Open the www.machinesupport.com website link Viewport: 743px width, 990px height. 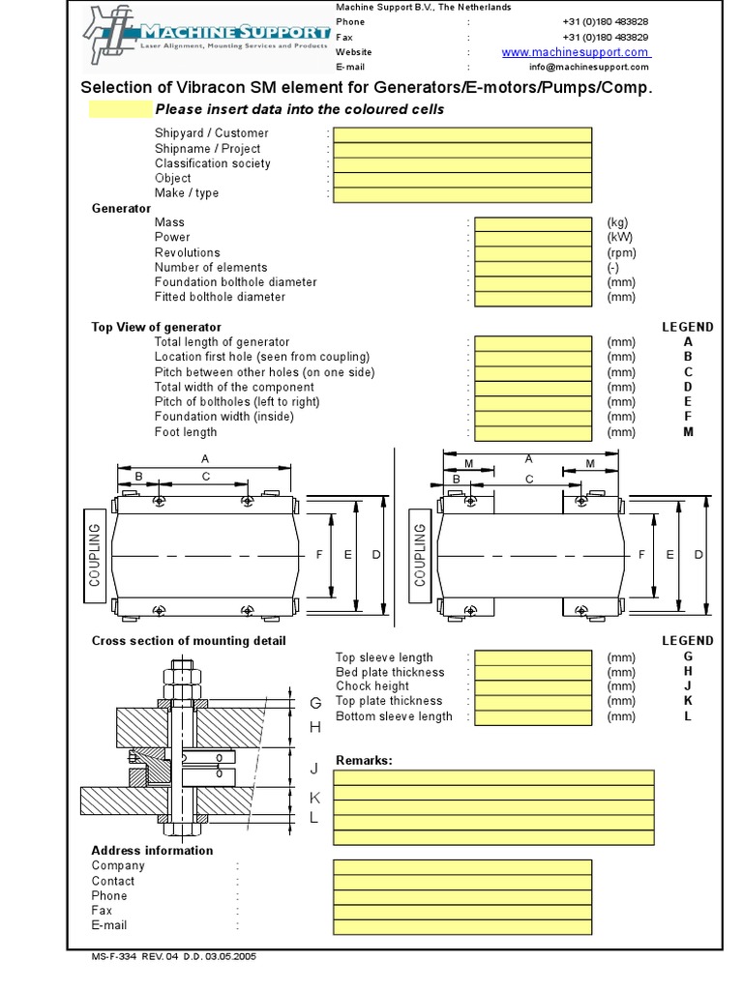point(576,52)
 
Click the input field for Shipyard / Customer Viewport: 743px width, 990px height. point(462,134)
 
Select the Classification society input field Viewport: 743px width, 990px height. point(462,164)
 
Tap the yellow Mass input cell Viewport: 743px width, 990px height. point(533,223)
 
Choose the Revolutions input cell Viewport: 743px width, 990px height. point(533,253)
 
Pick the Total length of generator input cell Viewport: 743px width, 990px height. point(533,343)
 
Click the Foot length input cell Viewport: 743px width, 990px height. point(533,432)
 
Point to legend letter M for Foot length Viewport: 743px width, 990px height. point(688,432)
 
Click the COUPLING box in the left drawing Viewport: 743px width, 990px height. point(95,554)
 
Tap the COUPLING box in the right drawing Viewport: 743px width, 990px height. point(420,554)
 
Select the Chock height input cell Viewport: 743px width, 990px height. point(533,687)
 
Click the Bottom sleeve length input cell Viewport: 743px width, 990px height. point(533,717)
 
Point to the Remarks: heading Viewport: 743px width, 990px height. point(364,760)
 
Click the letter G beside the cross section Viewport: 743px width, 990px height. point(314,703)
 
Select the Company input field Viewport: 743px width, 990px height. point(462,866)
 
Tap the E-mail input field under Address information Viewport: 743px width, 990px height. point(462,926)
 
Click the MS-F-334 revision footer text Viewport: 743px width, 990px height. point(174,956)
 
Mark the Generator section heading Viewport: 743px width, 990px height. point(121,208)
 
